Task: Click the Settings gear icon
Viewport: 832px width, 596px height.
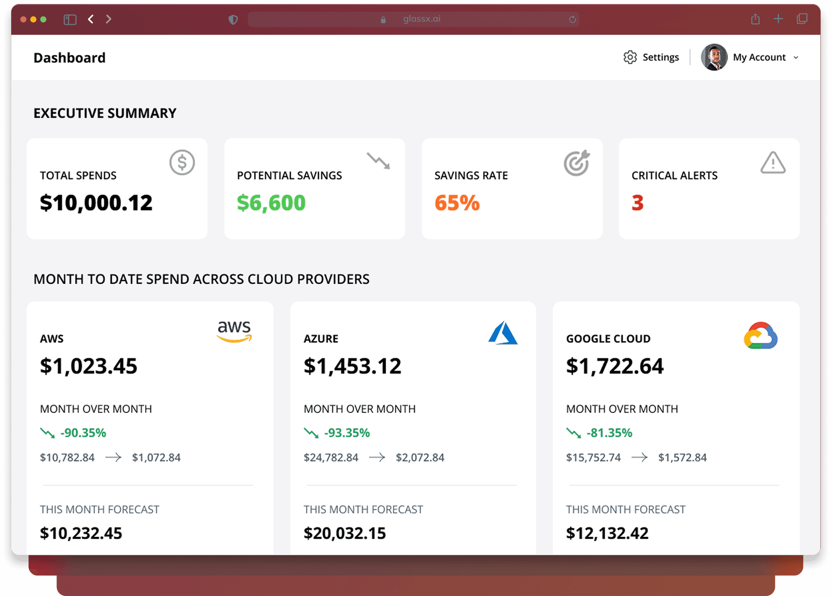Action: pos(630,57)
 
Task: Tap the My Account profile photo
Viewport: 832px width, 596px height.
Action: pos(714,57)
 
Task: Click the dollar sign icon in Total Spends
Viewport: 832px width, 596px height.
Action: pos(182,162)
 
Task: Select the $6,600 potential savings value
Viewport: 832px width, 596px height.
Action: pos(271,203)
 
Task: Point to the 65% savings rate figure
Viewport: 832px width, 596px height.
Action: pos(457,203)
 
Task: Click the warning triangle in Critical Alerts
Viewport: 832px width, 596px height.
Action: pos(773,163)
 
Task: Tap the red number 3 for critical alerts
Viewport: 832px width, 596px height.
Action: pos(637,203)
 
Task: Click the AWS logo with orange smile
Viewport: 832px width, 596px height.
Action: pos(234,331)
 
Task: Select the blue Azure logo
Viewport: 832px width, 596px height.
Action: pos(503,333)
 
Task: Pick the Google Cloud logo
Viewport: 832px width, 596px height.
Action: pos(760,336)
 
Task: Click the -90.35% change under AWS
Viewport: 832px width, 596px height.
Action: pos(83,433)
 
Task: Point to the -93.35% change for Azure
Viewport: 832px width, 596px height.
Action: pos(347,433)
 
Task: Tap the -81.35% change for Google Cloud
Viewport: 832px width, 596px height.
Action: pos(609,433)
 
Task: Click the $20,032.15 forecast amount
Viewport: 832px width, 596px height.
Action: pos(344,533)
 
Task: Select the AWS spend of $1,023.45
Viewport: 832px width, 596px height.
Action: pos(88,366)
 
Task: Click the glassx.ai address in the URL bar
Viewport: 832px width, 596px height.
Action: pos(422,19)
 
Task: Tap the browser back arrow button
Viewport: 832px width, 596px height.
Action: pos(91,19)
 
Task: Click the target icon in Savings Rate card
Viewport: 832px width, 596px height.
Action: pos(577,163)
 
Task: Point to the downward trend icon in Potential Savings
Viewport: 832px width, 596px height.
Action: pos(378,161)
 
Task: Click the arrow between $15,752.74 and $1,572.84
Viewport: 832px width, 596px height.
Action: pos(639,457)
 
